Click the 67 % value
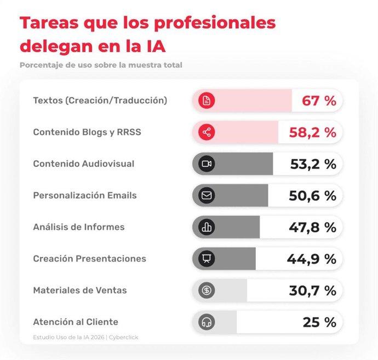tap(319, 101)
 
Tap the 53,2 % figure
tap(313, 164)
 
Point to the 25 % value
tap(319, 322)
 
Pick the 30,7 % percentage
tap(313, 291)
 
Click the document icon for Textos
tap(207, 101)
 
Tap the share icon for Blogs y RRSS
tap(207, 132)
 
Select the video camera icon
tap(207, 164)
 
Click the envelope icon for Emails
tap(207, 195)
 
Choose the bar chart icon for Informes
tap(207, 227)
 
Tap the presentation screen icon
tap(207, 259)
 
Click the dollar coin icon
tap(207, 291)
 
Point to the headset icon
tap(207, 322)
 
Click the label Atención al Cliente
tap(76, 322)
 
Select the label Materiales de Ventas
tap(80, 290)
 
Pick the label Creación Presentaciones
tap(89, 258)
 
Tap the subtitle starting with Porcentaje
tap(101, 65)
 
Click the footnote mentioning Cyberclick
tap(85, 337)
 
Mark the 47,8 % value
tap(313, 227)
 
